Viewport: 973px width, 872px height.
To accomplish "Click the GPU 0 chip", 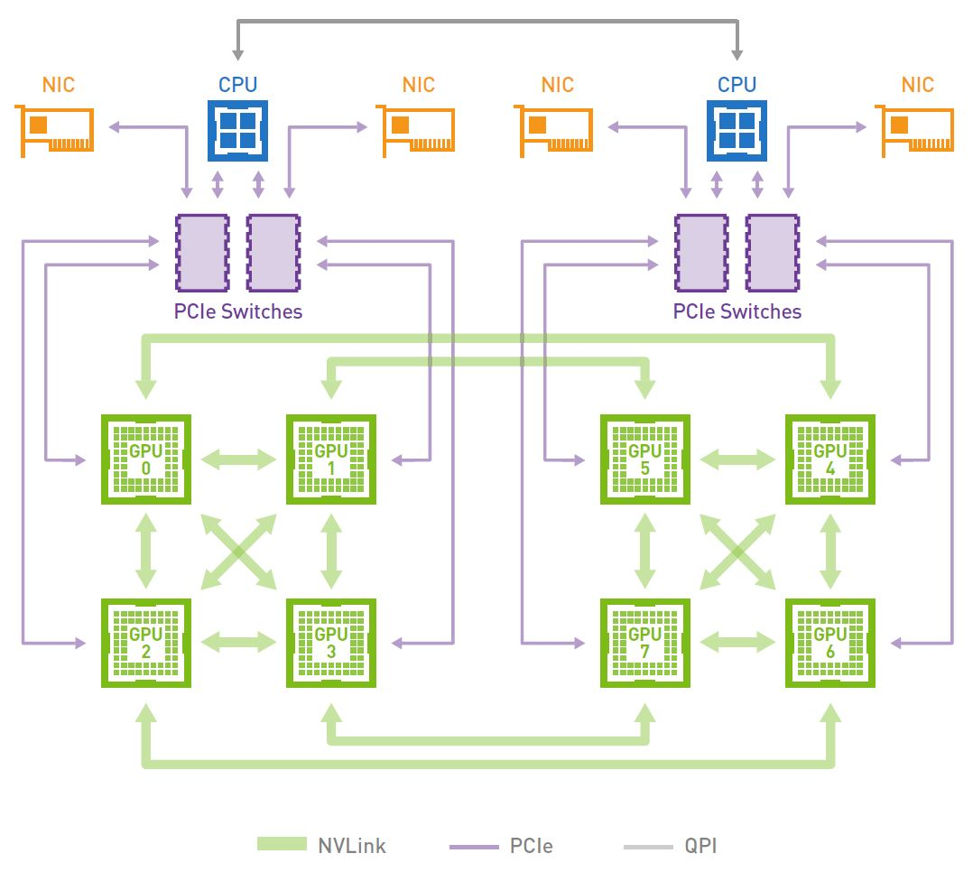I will pos(145,459).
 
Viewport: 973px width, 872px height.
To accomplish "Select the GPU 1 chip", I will pos(331,459).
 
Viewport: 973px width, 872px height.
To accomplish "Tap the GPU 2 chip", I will pos(145,643).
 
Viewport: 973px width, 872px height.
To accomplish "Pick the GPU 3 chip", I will pos(331,643).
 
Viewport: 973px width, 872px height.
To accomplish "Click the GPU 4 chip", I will pos(829,459).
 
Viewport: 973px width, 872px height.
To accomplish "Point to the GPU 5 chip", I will pos(644,459).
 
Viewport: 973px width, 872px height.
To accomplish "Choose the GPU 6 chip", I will pos(829,643).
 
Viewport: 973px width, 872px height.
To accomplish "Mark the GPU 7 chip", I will pos(644,643).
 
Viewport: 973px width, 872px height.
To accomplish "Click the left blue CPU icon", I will pos(237,130).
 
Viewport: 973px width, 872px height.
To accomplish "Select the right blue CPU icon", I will pos(737,130).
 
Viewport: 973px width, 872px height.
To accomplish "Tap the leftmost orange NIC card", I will pos(55,132).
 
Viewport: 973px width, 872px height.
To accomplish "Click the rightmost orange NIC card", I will pos(916,132).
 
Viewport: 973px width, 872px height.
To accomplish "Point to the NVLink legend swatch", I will pos(282,845).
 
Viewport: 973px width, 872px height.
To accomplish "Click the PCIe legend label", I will pos(531,846).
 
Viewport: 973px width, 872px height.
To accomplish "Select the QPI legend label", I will pos(700,846).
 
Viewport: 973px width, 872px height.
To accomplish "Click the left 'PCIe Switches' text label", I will pos(237,312).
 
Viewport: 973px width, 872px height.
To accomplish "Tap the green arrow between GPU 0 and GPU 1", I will pos(238,459).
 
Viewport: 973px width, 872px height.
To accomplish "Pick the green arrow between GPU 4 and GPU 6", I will pos(829,551).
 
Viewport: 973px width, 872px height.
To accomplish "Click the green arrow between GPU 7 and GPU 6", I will pos(737,643).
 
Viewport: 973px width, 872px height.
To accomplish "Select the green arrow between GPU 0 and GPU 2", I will pos(145,551).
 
